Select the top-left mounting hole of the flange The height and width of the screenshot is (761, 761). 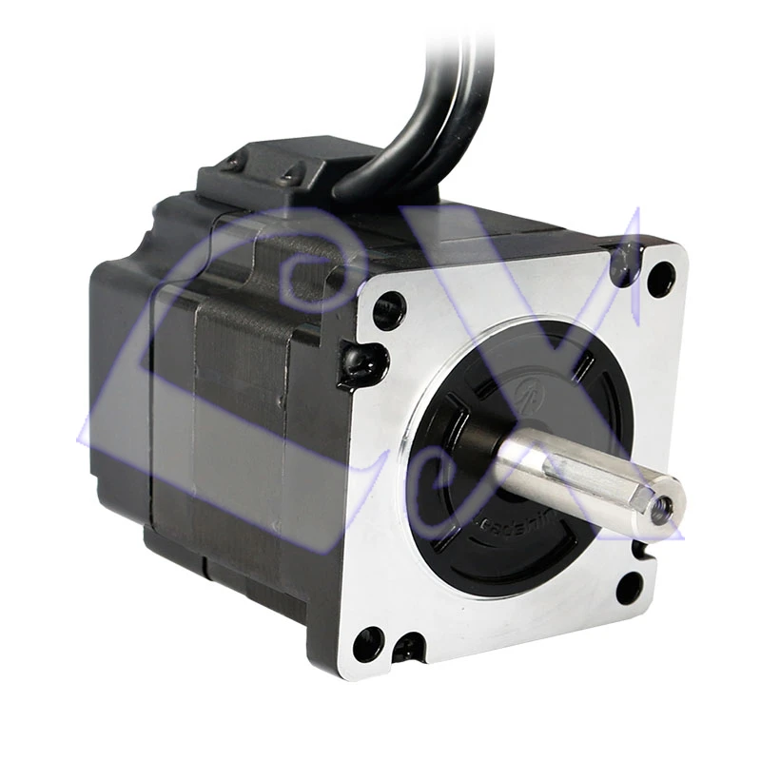388,309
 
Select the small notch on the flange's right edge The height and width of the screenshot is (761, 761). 639,550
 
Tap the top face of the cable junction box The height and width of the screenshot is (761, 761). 285,157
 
